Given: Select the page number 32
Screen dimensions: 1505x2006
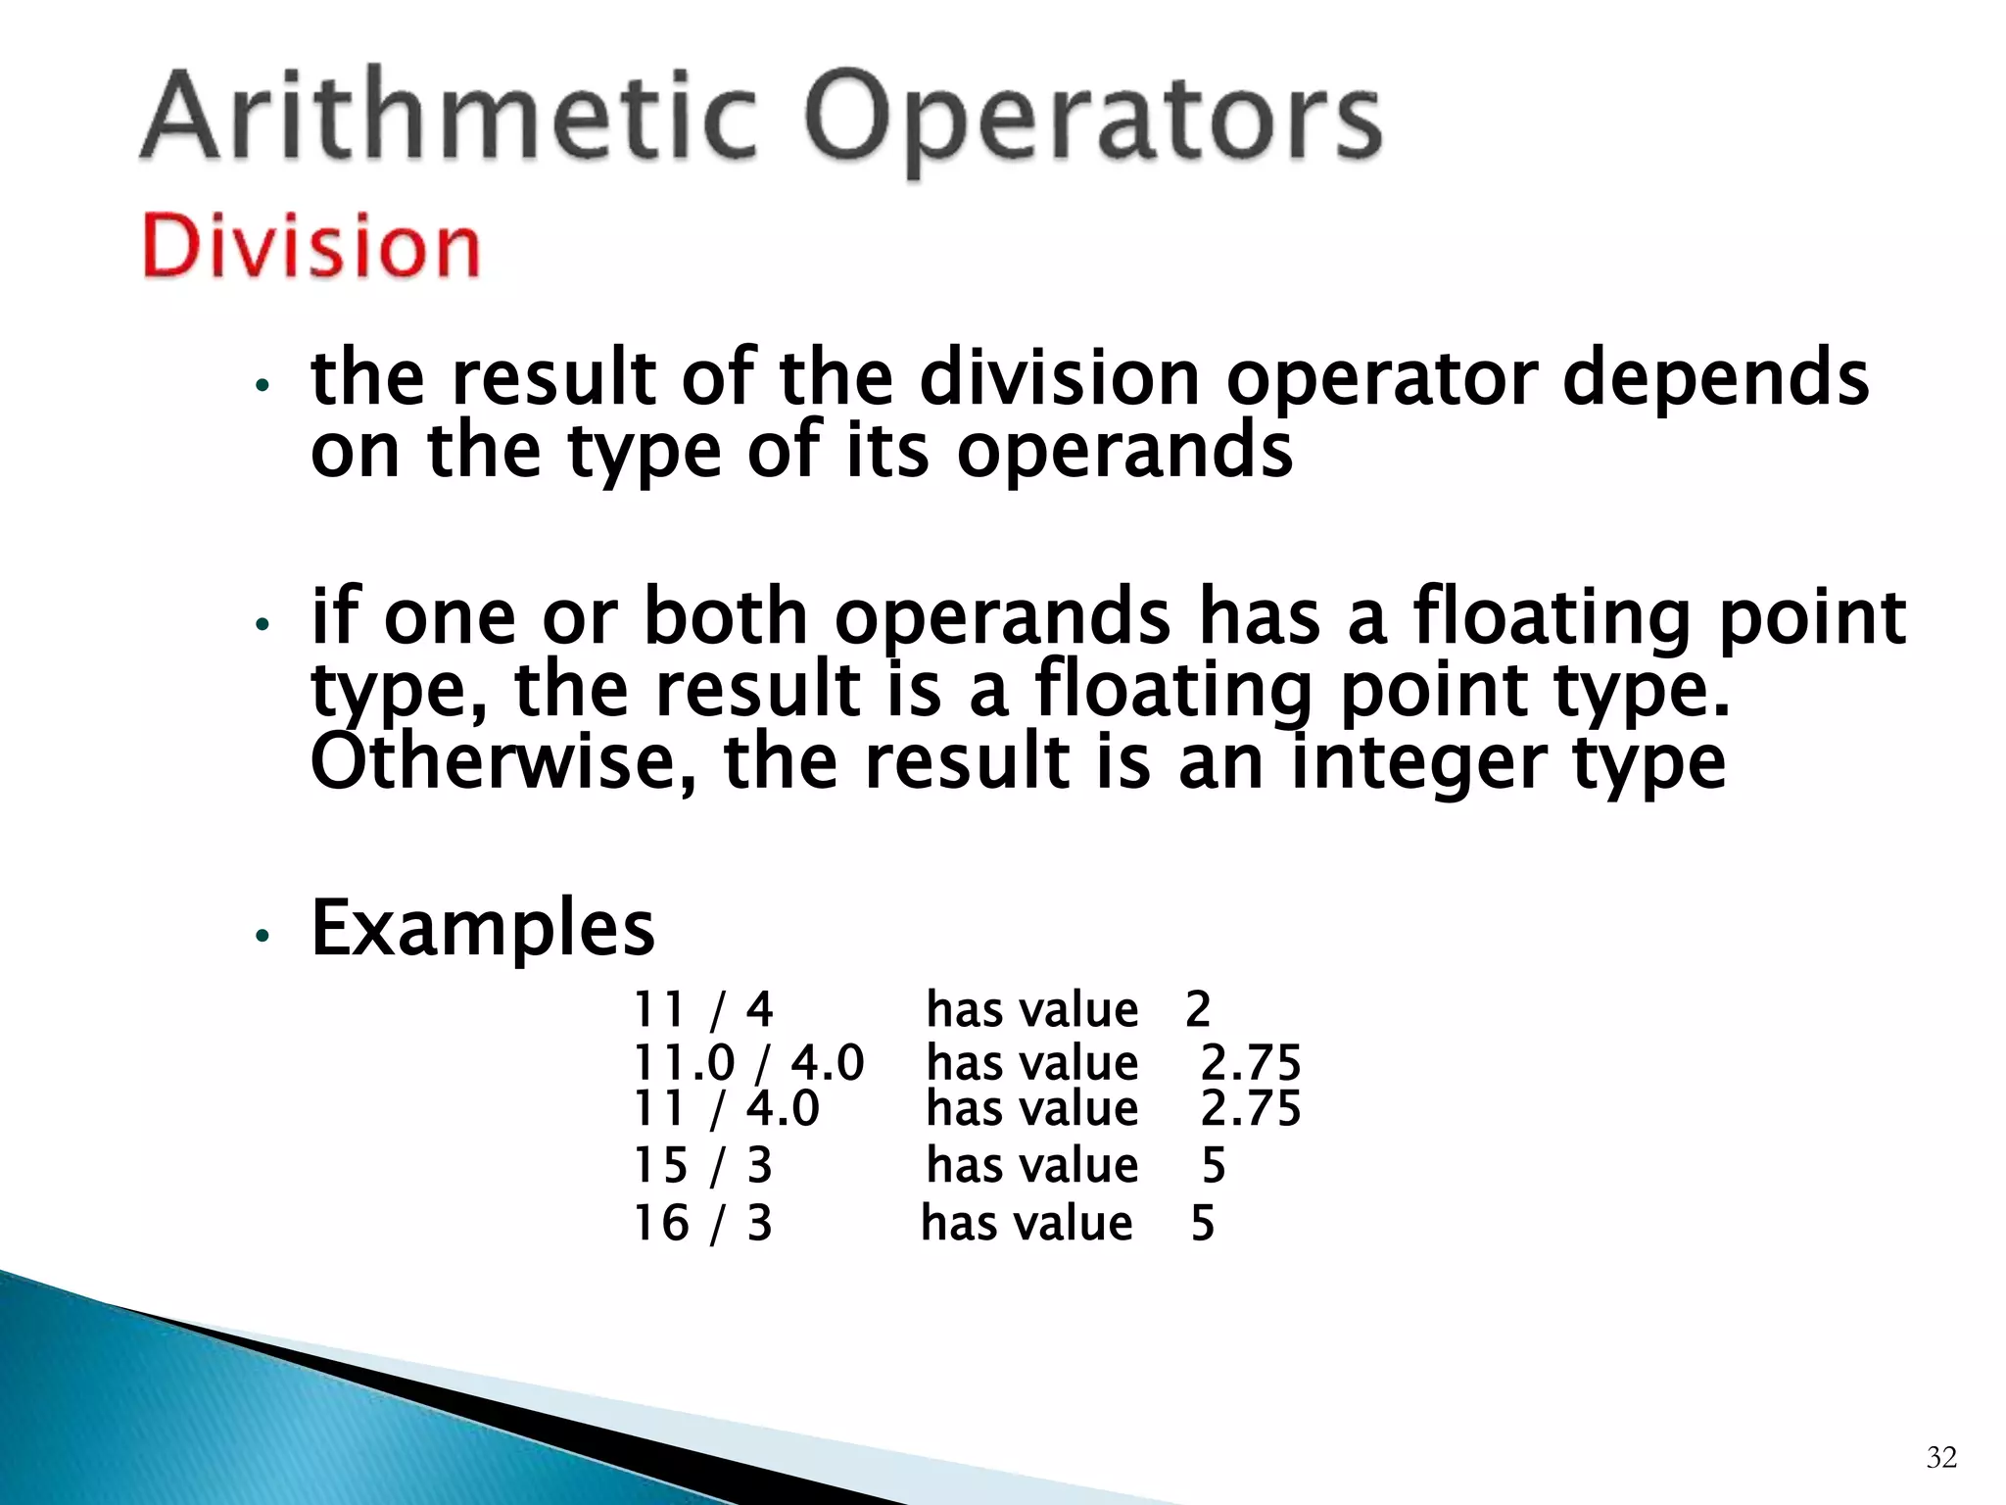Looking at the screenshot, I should point(1941,1457).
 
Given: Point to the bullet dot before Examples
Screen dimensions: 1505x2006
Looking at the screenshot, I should point(261,936).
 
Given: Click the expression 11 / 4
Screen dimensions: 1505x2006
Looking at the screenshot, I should point(702,1009).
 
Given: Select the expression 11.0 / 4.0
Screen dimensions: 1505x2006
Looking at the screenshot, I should point(748,1062).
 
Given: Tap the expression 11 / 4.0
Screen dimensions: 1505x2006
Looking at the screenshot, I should point(726,1108).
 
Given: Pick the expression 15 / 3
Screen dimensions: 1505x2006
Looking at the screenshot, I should point(702,1165).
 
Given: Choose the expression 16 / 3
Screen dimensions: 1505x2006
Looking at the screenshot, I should point(702,1223).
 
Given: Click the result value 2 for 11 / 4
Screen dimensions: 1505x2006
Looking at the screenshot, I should point(1198,1009).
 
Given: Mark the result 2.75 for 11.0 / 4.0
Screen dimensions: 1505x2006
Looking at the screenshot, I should point(1251,1062).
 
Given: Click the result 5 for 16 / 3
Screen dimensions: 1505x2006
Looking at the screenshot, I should point(1203,1223).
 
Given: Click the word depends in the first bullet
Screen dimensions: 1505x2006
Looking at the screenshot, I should point(1714,380).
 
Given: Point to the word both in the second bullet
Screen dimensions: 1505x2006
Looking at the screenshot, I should point(725,617).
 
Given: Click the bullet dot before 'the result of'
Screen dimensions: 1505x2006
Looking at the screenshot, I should point(261,385).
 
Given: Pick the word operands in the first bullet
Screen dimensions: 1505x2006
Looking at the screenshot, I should point(1123,453).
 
